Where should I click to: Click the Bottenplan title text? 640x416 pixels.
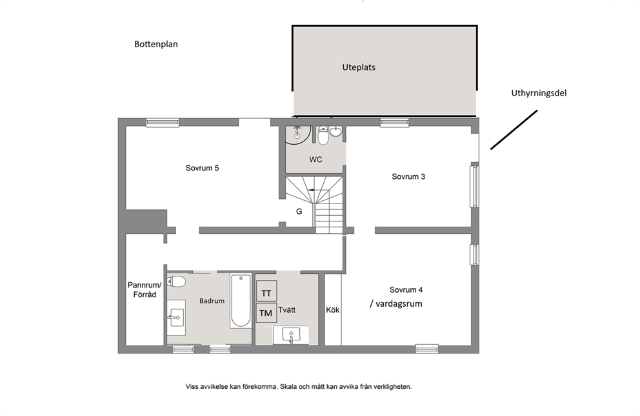156,44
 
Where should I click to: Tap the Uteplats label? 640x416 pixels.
359,67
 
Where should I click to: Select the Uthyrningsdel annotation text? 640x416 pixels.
539,93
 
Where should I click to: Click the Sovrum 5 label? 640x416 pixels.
202,168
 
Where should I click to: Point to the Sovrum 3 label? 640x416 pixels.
408,176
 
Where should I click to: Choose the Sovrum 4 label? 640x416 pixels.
406,290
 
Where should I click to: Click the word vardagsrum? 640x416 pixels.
399,304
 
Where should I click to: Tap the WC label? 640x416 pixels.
315,160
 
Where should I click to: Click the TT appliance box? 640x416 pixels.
266,291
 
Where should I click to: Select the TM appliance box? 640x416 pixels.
266,313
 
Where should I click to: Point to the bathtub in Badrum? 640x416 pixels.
241,300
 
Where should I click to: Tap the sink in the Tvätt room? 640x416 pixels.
290,335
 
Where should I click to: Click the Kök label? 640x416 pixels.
333,310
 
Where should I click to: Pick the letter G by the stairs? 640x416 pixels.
299,212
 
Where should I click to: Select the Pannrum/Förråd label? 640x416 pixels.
145,290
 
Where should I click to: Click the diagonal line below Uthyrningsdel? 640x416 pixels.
514,130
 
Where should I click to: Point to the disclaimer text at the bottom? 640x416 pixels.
299,386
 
